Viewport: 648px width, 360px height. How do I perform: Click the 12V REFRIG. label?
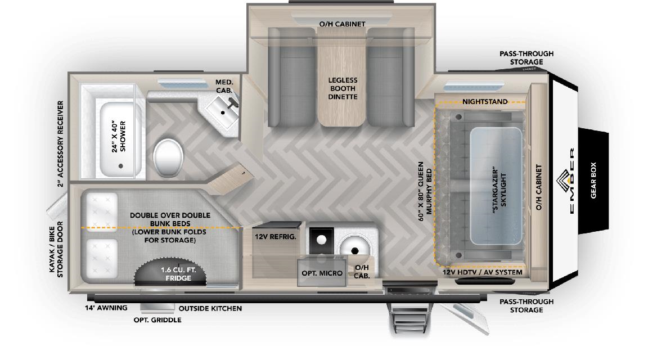(x=276, y=237)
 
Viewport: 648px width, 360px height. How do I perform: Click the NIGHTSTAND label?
(x=485, y=102)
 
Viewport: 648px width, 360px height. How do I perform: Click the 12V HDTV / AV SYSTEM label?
(x=482, y=272)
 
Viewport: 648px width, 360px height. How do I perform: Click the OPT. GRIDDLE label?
(x=157, y=320)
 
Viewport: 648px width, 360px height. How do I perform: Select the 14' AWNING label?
(x=106, y=308)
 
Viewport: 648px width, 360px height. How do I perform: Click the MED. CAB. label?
(x=224, y=85)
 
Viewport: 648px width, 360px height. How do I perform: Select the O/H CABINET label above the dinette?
(x=342, y=24)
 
